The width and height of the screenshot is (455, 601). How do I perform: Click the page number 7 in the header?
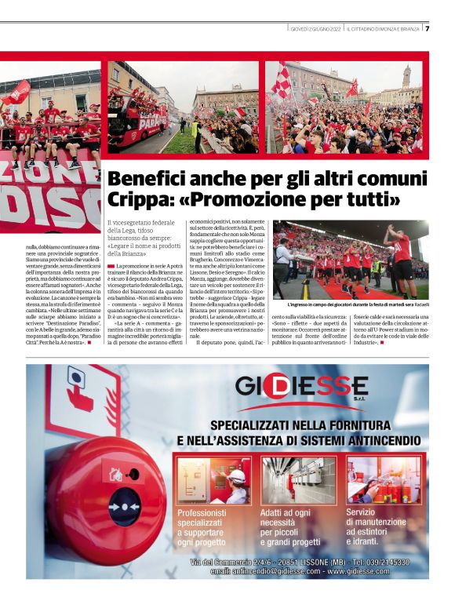[x=428, y=29]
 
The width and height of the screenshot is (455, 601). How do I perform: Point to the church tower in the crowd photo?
[x=406, y=78]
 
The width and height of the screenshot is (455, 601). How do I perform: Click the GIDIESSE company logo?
[x=301, y=387]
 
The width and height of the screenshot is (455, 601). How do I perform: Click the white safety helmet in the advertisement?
[x=236, y=475]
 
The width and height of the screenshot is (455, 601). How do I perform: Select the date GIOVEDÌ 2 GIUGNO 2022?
[x=315, y=30]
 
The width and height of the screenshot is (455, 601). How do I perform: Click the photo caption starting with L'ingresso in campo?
[x=356, y=304]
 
